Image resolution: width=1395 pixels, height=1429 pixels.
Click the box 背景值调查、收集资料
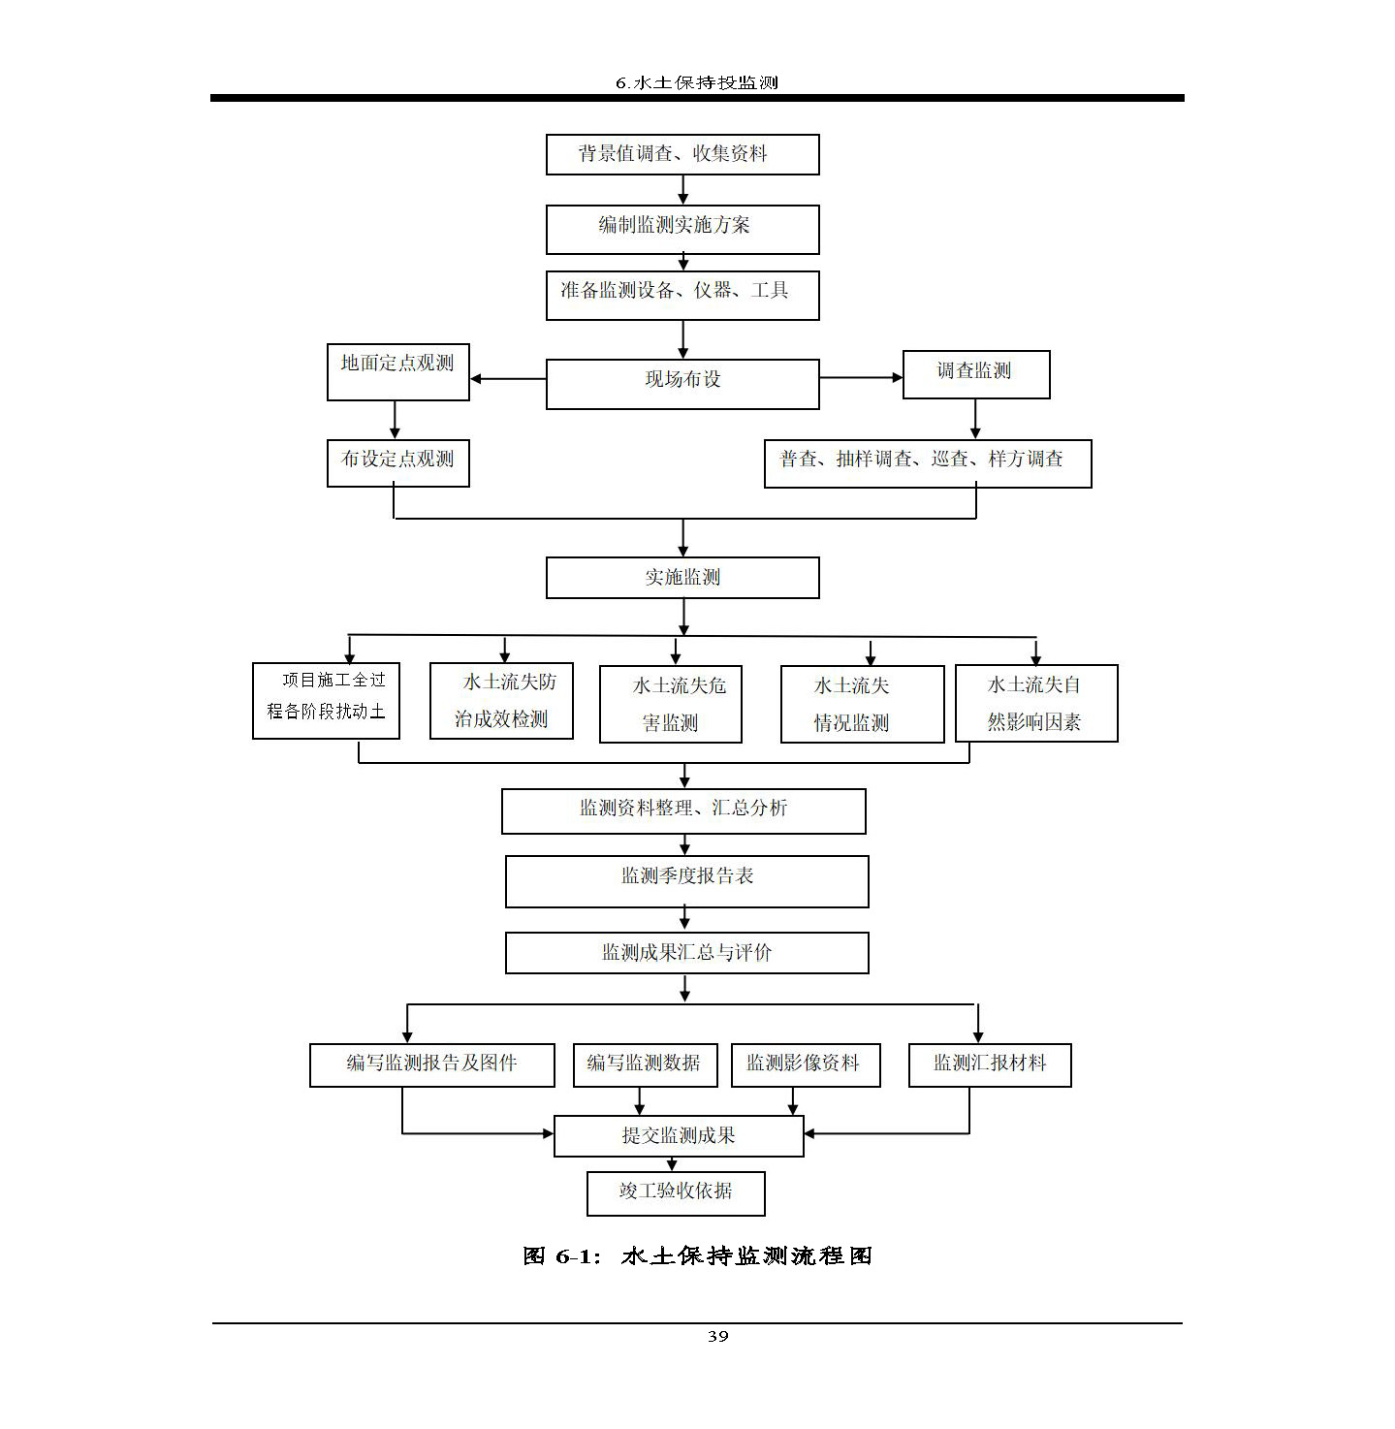tap(682, 154)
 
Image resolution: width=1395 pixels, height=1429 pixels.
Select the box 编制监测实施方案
tap(682, 229)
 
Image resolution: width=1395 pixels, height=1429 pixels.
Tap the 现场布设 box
tap(682, 383)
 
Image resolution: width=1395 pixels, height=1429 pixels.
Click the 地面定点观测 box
tap(397, 371)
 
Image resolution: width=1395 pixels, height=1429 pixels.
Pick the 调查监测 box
tap(975, 374)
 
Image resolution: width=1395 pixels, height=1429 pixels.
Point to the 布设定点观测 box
tap(397, 462)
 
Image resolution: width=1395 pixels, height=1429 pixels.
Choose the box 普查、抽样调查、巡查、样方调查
tap(927, 462)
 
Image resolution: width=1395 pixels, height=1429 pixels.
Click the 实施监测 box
tap(682, 577)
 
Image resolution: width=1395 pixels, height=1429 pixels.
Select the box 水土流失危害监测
tap(671, 704)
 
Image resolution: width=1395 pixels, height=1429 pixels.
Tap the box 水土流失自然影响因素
tap(1036, 703)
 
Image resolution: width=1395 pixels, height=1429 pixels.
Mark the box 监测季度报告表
tap(686, 880)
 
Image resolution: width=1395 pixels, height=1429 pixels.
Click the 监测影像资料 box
tap(805, 1064)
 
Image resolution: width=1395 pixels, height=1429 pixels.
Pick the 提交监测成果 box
tap(679, 1135)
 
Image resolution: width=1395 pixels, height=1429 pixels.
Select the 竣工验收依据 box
tap(676, 1192)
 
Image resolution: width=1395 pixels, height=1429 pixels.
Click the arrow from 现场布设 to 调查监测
tap(861, 377)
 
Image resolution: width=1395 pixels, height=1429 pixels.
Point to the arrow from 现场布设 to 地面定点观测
tap(508, 378)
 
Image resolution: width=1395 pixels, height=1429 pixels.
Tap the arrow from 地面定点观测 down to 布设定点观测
tap(395, 419)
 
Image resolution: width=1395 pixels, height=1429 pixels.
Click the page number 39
tap(717, 1336)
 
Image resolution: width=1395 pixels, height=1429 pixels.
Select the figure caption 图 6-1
tap(697, 1256)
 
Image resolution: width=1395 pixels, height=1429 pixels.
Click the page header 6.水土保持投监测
tap(697, 82)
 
